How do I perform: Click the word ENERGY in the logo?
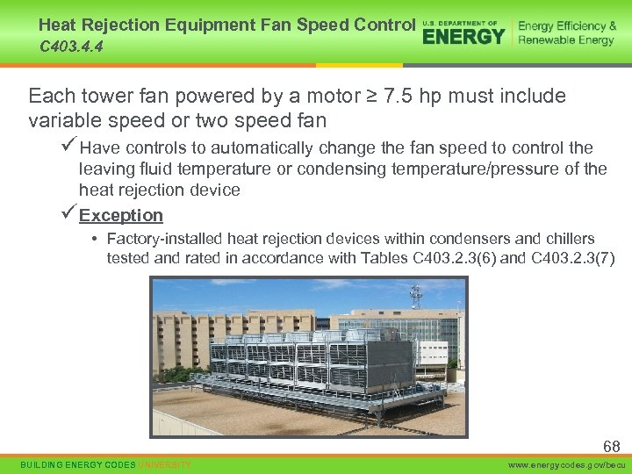463,35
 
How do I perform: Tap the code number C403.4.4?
71,47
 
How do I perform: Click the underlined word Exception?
121,215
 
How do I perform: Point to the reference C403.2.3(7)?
573,257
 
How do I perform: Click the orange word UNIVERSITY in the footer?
164,463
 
